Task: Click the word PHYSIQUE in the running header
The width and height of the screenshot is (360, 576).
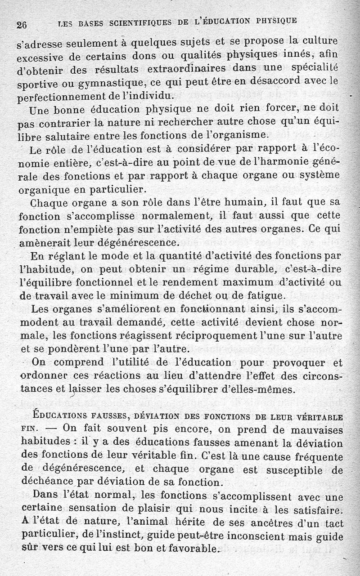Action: (276, 20)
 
